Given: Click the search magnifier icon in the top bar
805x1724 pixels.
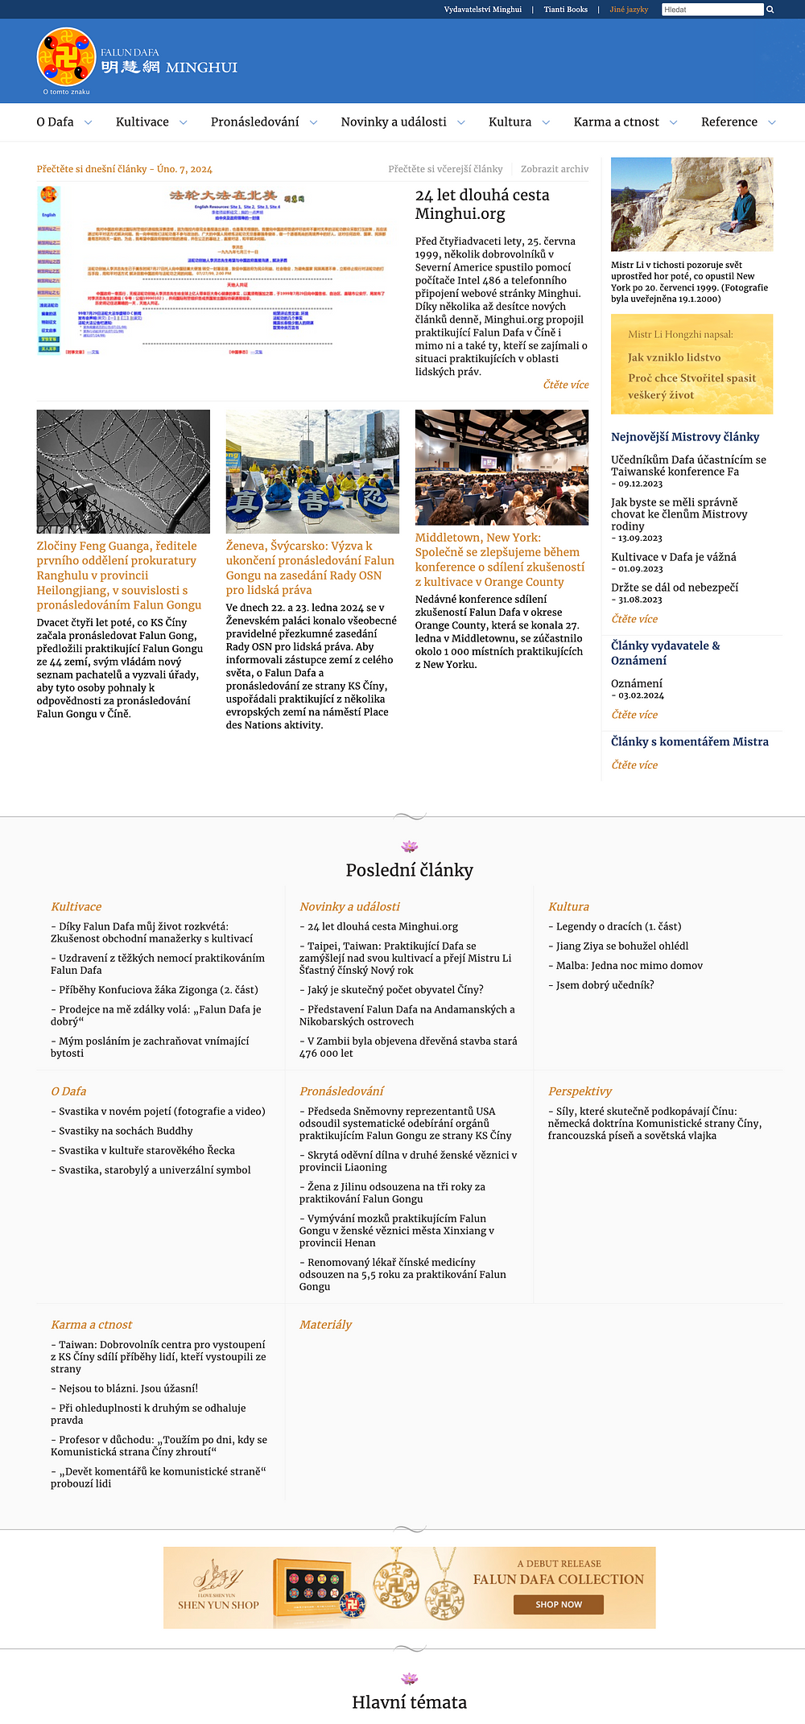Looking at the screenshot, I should [x=770, y=10].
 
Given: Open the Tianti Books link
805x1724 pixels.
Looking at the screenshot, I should [x=565, y=10].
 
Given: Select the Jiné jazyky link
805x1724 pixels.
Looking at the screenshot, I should [x=629, y=10].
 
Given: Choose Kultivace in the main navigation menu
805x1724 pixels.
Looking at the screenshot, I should [x=142, y=122].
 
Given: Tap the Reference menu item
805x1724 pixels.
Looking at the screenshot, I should [x=729, y=122].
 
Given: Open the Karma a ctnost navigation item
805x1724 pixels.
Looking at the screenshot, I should [x=616, y=122].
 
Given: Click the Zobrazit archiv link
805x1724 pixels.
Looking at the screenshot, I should [x=554, y=169].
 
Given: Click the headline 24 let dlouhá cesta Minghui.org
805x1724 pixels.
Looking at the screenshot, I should [x=481, y=204].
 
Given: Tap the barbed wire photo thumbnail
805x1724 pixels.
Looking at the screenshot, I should [x=123, y=472].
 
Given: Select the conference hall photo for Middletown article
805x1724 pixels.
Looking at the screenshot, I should [x=502, y=467].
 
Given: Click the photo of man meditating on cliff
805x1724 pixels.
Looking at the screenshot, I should [x=691, y=204].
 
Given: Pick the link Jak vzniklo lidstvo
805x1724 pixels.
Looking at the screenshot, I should [x=674, y=357].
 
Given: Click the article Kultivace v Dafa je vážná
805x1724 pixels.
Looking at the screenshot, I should [x=673, y=557].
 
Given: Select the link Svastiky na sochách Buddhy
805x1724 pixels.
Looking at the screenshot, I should [x=126, y=1131].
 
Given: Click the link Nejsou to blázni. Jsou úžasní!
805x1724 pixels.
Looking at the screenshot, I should [x=128, y=1388].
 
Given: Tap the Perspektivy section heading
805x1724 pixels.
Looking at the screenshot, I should [x=580, y=1091].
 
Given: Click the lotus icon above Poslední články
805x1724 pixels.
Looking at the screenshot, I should [x=409, y=846].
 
